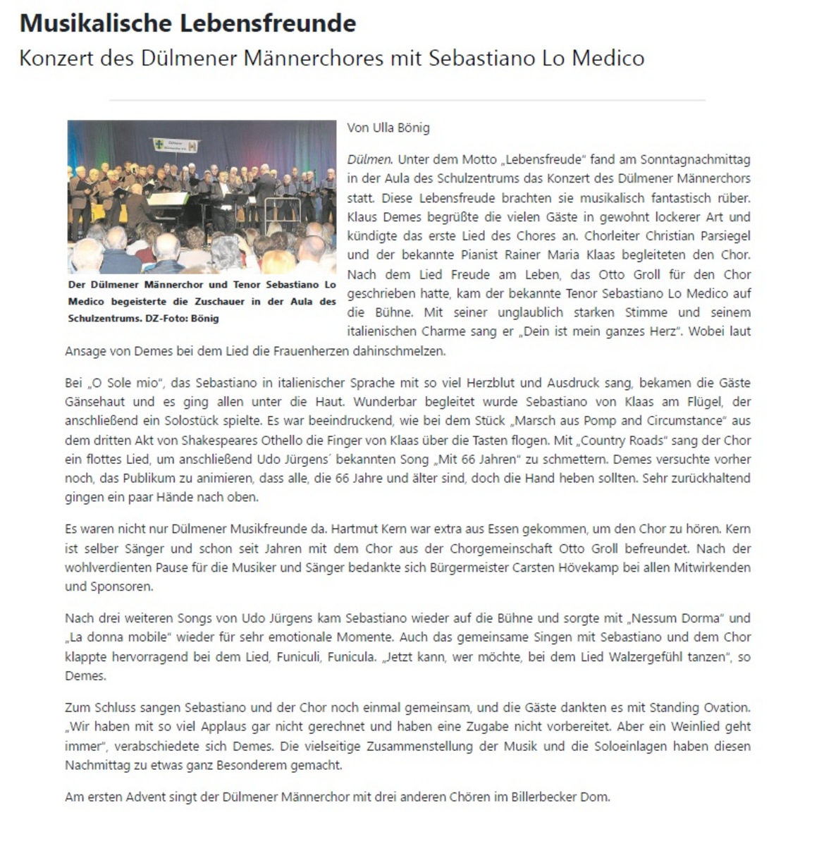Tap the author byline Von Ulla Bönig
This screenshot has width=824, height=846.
click(388, 128)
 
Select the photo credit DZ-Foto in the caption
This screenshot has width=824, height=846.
click(164, 319)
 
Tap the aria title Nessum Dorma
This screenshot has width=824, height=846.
click(676, 618)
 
